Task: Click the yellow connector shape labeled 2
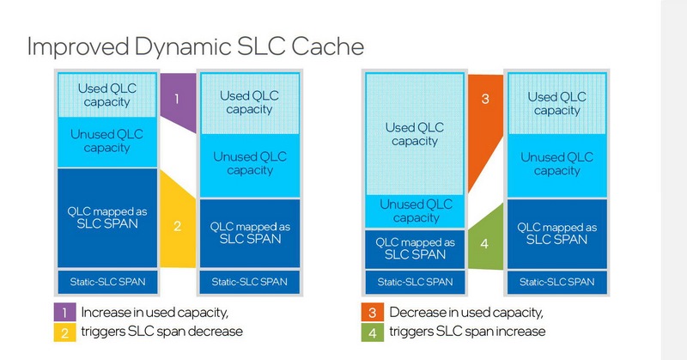pos(177,225)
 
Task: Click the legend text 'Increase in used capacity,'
pos(155,312)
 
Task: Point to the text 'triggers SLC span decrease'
pos(158,331)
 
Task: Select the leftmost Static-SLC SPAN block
pos(107,281)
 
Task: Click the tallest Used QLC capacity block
pos(415,133)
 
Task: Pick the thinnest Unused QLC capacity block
pos(415,211)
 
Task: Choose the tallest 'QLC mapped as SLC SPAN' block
pos(107,219)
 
